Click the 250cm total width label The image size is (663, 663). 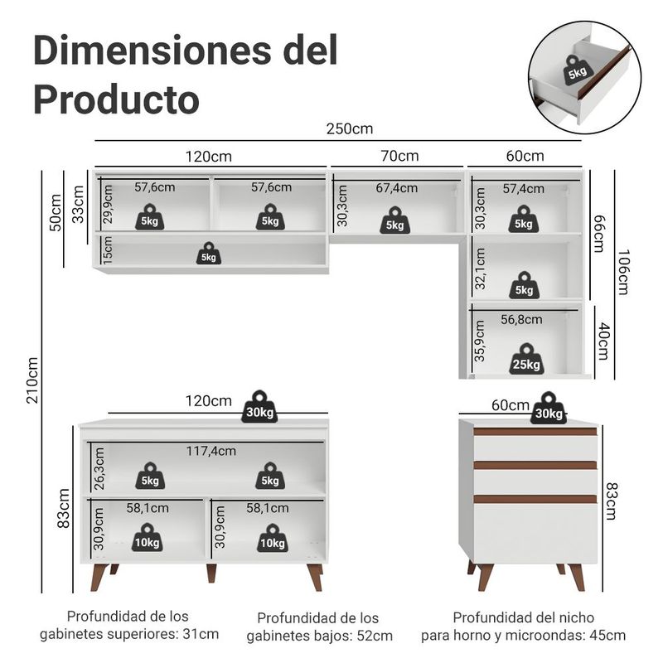(x=349, y=129)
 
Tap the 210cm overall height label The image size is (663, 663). (x=33, y=380)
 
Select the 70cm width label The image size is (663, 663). (x=399, y=156)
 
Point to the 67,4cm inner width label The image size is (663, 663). (x=397, y=188)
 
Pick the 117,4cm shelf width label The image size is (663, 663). (x=211, y=451)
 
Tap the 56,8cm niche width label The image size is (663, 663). (x=521, y=320)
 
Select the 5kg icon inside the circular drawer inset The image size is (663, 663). (x=576, y=70)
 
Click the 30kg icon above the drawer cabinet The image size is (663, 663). (x=549, y=408)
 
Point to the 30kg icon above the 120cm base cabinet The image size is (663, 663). (x=259, y=406)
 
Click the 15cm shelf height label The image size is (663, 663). (x=108, y=250)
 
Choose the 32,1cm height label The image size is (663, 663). (x=480, y=269)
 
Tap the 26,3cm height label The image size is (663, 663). (x=99, y=469)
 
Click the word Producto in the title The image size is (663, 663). (x=116, y=99)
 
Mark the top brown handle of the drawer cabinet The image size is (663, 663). (x=535, y=432)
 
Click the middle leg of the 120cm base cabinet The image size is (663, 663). (x=211, y=573)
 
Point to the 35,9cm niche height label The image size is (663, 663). (x=480, y=341)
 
